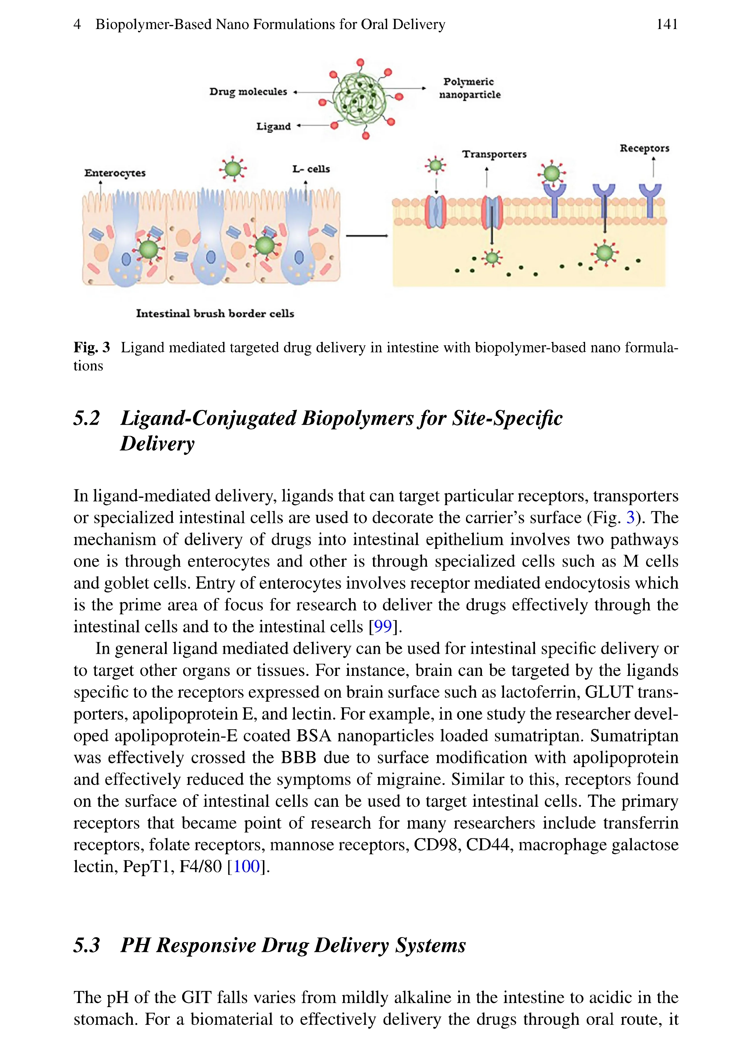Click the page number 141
[x=667, y=24]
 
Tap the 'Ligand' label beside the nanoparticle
[x=274, y=127]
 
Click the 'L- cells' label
[x=311, y=169]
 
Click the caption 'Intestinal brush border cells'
[x=215, y=314]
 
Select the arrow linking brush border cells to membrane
[x=366, y=236]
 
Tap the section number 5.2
[x=87, y=418]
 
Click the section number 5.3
[x=87, y=945]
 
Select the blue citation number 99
[x=383, y=626]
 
